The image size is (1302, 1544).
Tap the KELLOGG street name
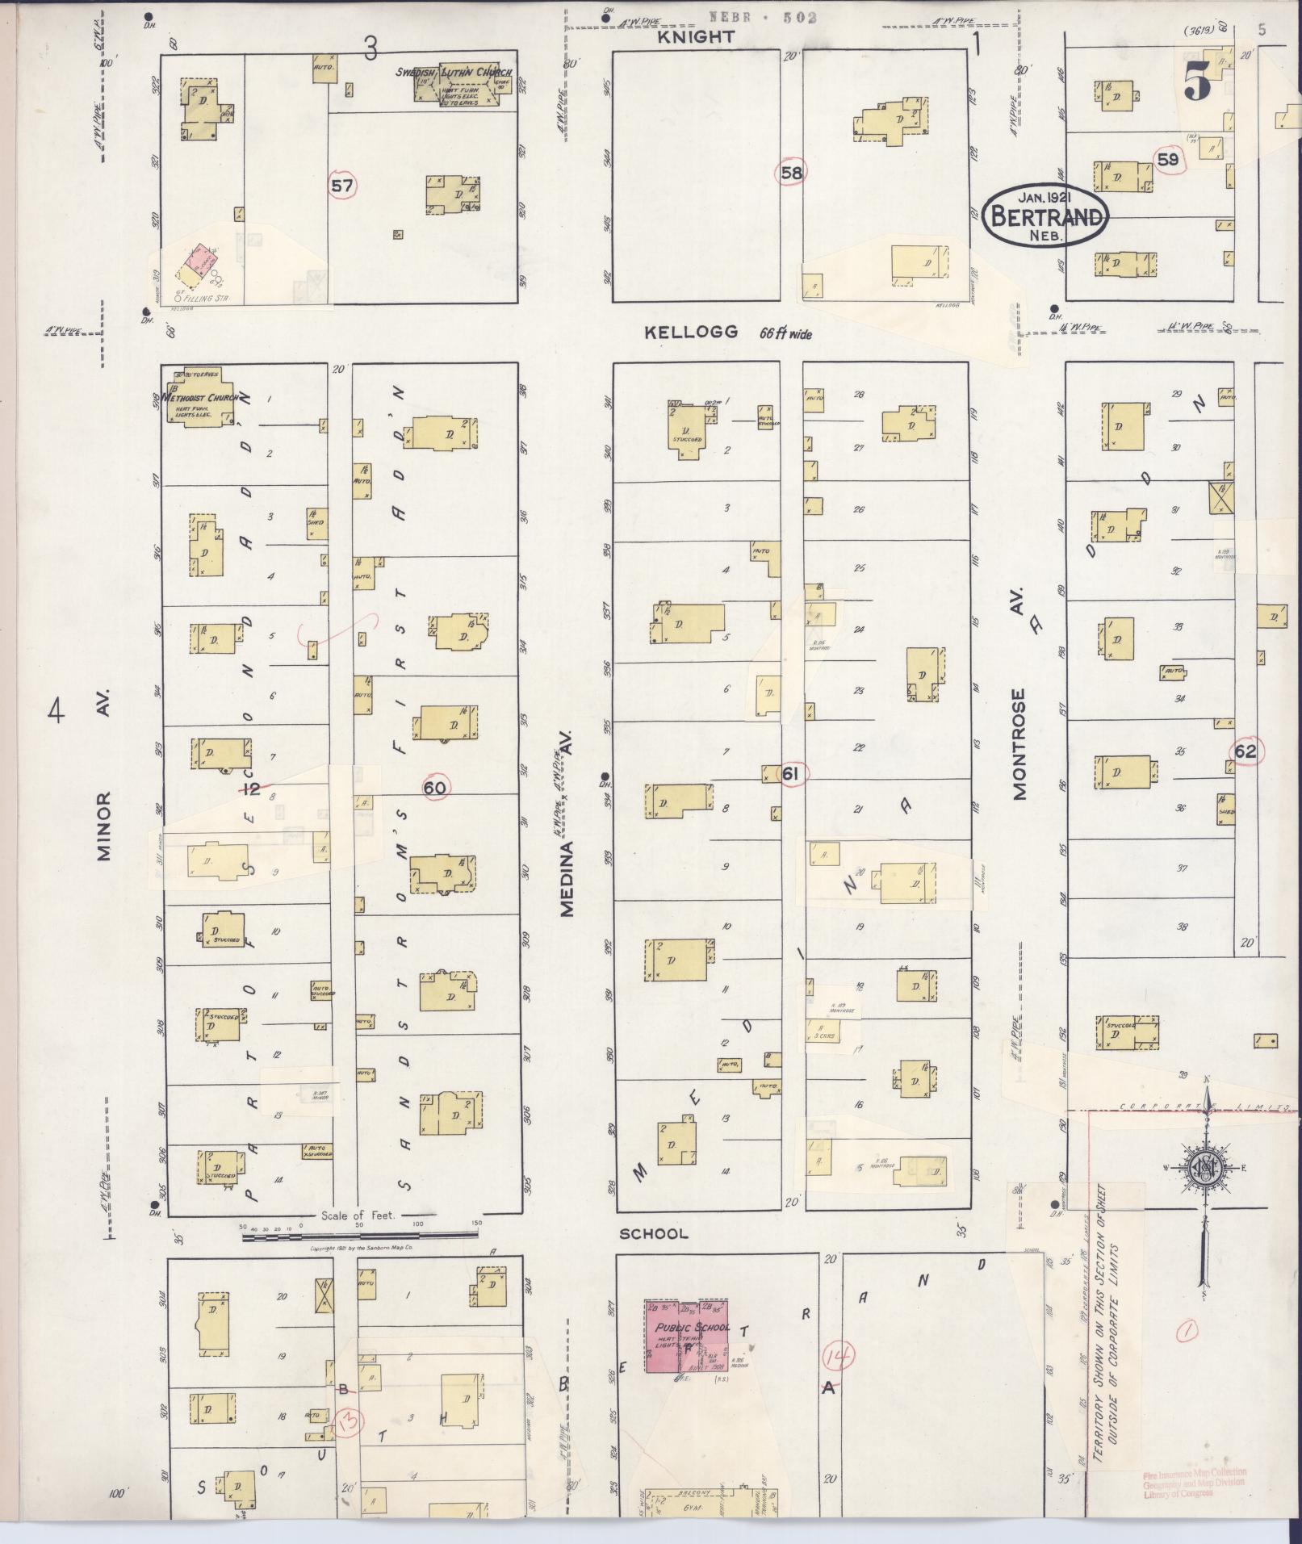(691, 332)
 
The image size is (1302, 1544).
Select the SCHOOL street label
(654, 1256)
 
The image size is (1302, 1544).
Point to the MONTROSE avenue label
(1019, 743)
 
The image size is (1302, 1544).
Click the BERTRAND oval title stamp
(1045, 215)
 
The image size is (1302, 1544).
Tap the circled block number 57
(342, 186)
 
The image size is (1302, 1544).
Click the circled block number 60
(435, 787)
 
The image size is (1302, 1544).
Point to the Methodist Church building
(199, 398)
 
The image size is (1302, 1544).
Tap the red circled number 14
(838, 1358)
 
